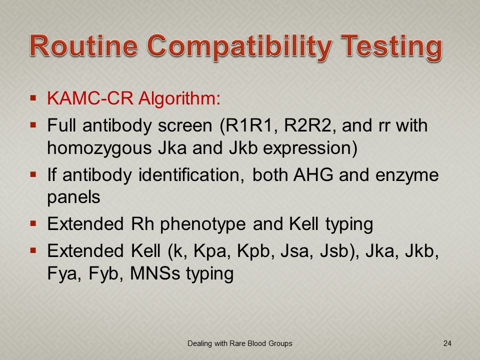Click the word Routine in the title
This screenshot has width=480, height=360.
[83, 45]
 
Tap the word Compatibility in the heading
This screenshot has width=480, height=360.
[239, 48]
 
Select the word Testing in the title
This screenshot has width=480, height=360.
[391, 48]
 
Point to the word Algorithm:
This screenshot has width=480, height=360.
[179, 99]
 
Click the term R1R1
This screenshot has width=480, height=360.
[248, 126]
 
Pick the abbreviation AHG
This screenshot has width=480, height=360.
[313, 175]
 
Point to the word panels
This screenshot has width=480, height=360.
[74, 198]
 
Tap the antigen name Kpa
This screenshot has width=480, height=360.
[212, 251]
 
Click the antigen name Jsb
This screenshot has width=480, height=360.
[337, 251]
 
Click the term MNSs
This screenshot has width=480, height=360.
[155, 273]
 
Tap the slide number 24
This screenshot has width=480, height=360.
[447, 343]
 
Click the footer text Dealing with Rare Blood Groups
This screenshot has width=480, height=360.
[239, 343]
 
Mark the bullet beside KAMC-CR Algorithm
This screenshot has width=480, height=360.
[33, 98]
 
